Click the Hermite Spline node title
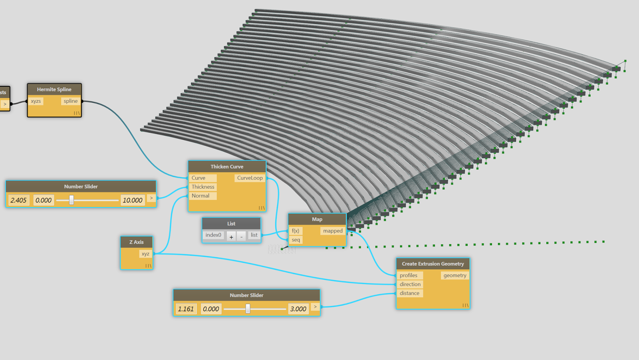point(54,90)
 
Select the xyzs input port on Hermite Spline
point(36,101)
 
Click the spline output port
point(71,101)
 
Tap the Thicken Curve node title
point(227,167)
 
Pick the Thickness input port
point(203,187)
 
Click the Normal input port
point(200,196)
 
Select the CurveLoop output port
point(250,178)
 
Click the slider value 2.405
point(18,200)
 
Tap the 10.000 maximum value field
point(133,200)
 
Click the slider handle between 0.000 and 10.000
point(71,200)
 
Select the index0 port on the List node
point(213,235)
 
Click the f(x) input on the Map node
point(296,231)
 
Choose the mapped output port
point(333,231)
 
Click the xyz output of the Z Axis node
point(145,254)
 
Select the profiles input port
point(409,276)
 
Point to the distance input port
point(410,293)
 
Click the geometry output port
point(455,276)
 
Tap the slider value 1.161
point(186,309)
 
